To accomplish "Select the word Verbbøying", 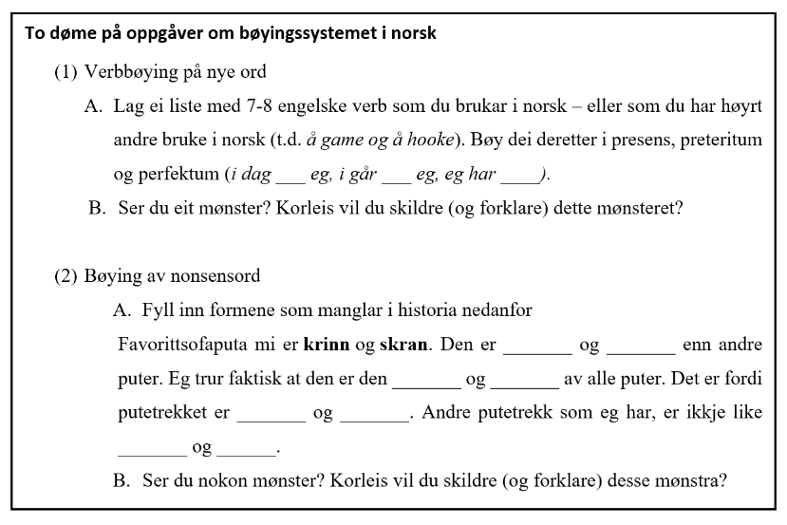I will pyautogui.click(x=125, y=72).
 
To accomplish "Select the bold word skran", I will pyautogui.click(x=405, y=344).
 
